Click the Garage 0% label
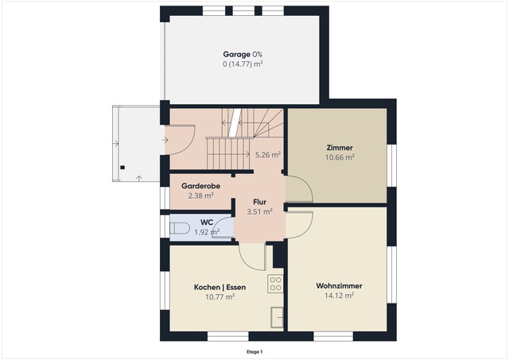click(x=243, y=54)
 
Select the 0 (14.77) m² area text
click(x=243, y=64)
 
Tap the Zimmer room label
click(x=340, y=148)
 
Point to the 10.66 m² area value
click(x=340, y=157)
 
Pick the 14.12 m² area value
click(x=340, y=294)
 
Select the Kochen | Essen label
click(x=220, y=287)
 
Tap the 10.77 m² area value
click(x=220, y=296)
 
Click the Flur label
click(x=259, y=202)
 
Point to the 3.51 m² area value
click(x=259, y=211)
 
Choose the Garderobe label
click(x=200, y=185)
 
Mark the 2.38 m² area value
click(x=200, y=195)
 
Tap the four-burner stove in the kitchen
click(x=276, y=283)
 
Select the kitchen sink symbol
click(x=277, y=315)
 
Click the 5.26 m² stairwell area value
click(x=268, y=155)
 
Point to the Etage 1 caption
click(x=254, y=351)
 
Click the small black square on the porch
click(x=122, y=167)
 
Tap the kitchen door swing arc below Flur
click(x=253, y=254)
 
